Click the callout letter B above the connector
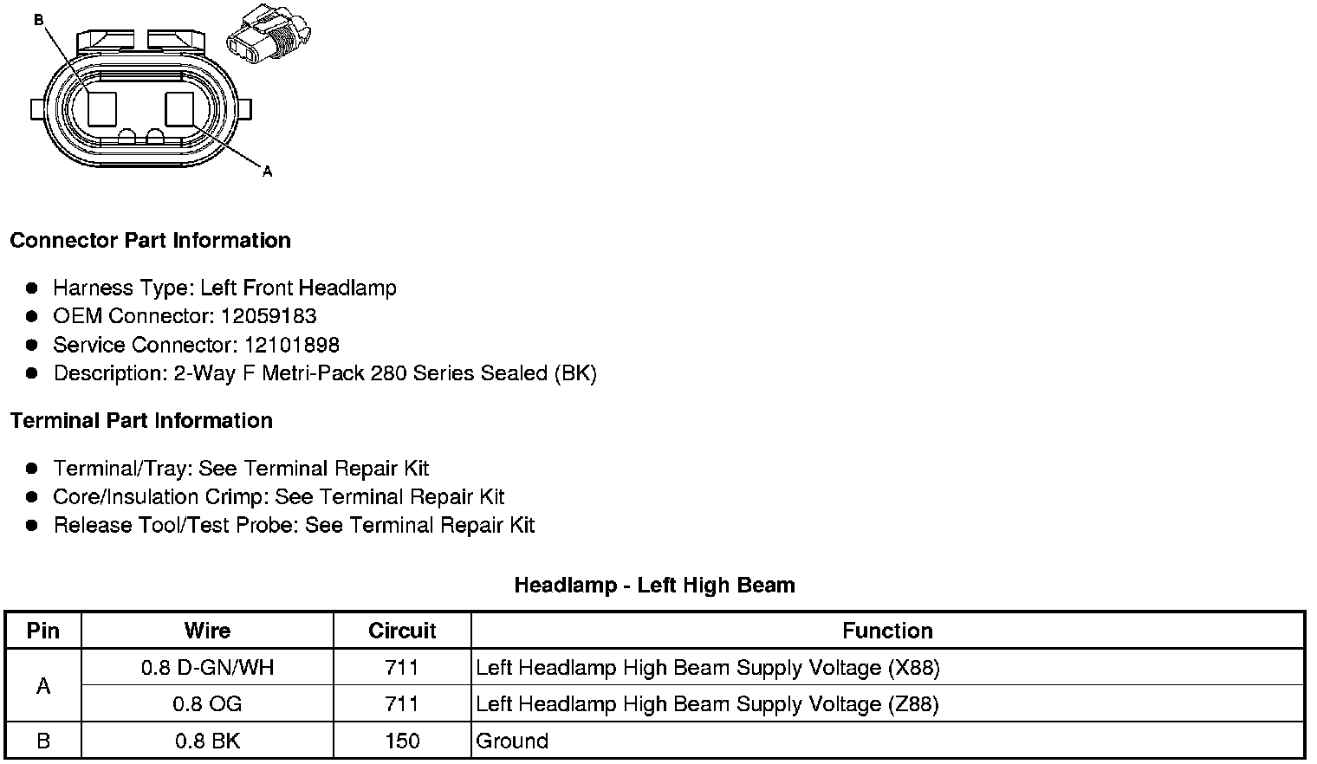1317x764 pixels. [38, 19]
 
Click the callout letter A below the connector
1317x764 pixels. [267, 172]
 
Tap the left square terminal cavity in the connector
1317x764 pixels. [102, 109]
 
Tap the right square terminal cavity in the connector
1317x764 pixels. [180, 109]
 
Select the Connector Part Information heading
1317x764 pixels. [150, 240]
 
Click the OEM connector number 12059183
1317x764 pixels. [268, 316]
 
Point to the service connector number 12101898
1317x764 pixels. [291, 345]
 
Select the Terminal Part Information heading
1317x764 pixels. [141, 420]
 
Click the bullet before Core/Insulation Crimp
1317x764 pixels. [32, 496]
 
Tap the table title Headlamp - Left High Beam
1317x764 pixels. [654, 585]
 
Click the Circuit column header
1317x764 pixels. [402, 631]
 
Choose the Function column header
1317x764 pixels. [887, 631]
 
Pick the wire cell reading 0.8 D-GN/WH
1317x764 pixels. [207, 668]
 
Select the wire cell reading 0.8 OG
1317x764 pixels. [207, 704]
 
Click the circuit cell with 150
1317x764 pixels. [402, 741]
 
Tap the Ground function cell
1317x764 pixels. [512, 741]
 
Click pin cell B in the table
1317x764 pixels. [43, 741]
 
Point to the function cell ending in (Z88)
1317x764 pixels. [707, 704]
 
